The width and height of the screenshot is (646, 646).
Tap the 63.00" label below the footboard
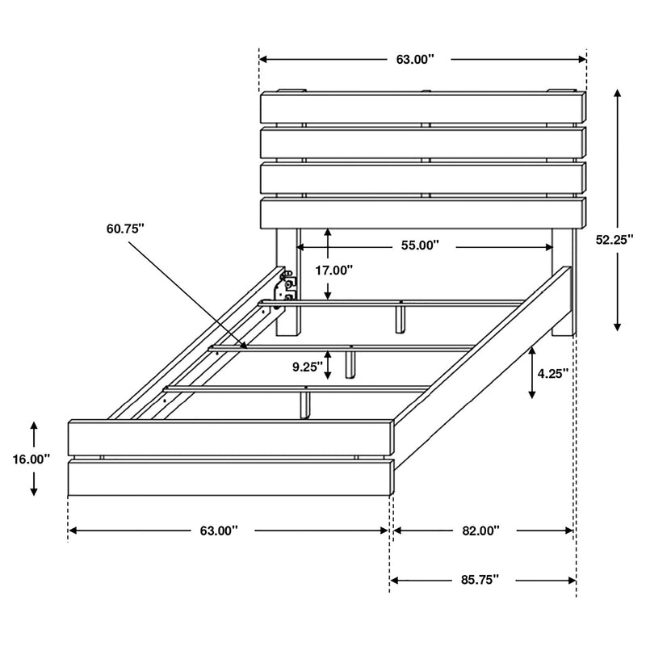click(x=219, y=531)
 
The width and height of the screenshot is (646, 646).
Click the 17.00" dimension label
click(x=333, y=271)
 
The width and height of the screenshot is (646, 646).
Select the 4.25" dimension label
click(x=553, y=373)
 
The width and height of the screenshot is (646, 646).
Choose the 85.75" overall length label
click(x=480, y=579)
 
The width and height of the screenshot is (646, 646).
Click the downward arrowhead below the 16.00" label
click(x=33, y=492)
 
